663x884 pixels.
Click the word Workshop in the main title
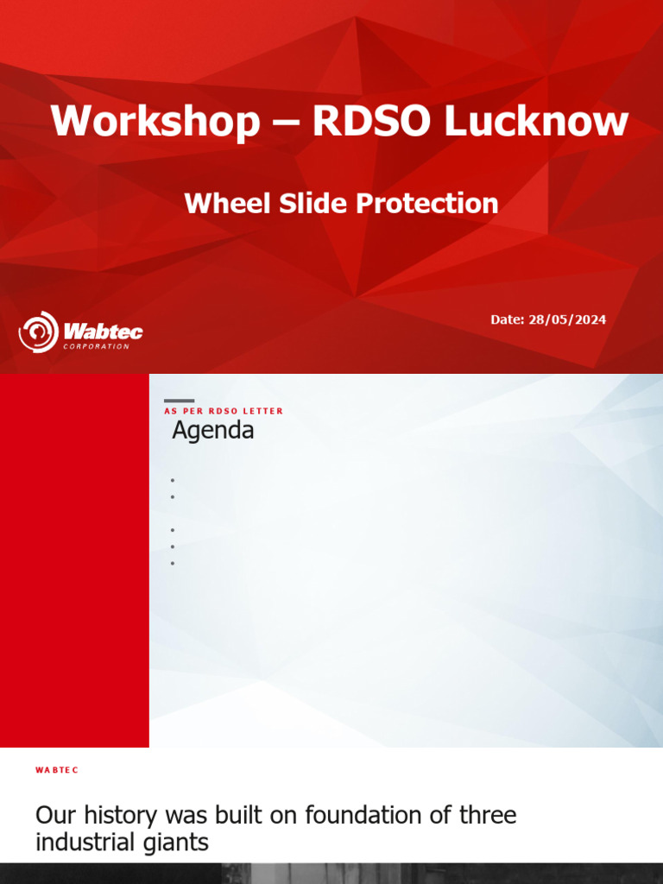pos(155,121)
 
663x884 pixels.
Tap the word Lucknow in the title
pos(536,121)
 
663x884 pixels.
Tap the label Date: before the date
pos(507,319)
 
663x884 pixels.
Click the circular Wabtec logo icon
pos(38,331)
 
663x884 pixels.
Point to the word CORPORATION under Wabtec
pos(97,347)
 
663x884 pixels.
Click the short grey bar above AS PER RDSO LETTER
pos(179,401)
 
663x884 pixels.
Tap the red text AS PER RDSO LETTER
pos(224,411)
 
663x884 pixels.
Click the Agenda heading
pos(213,431)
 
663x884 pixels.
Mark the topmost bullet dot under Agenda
pos(173,480)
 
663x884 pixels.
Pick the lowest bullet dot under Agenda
pos(173,563)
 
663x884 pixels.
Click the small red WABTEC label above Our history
pos(57,769)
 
